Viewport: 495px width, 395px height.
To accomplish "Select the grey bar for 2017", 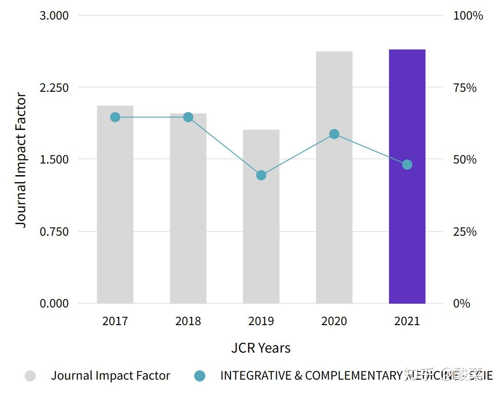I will (115, 204).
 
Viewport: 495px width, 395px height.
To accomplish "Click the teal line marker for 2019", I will (261, 175).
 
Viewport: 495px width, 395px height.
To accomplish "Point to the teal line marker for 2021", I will (407, 164).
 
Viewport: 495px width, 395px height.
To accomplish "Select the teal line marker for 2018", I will (188, 117).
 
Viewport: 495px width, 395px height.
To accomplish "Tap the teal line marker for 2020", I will (334, 134).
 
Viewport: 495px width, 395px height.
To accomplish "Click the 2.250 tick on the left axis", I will (54, 88).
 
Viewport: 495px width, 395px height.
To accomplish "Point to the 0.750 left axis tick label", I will (54, 232).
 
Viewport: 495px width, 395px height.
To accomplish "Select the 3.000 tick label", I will (54, 16).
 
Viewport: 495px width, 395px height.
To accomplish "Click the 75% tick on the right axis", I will (465, 88).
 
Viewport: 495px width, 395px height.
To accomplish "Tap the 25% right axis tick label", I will (465, 232).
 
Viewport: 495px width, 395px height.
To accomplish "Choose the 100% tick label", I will (468, 16).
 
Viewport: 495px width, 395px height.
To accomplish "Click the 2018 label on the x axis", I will (188, 321).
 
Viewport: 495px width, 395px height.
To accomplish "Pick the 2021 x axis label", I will (407, 321).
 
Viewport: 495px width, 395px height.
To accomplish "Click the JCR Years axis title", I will (261, 348).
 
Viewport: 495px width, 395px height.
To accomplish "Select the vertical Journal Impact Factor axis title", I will (21, 160).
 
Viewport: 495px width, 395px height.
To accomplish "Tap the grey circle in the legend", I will (30, 376).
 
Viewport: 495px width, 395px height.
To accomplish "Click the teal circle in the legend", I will (199, 376).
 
